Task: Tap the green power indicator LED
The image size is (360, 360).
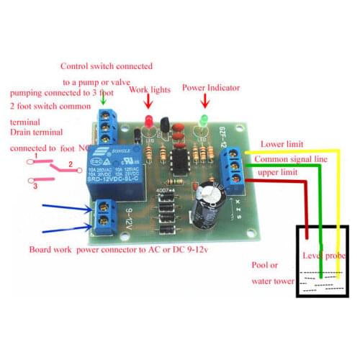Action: pyautogui.click(x=204, y=119)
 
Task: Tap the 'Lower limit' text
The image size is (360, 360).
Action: pyautogui.click(x=282, y=144)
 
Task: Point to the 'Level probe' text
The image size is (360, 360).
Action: pyautogui.click(x=325, y=256)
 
